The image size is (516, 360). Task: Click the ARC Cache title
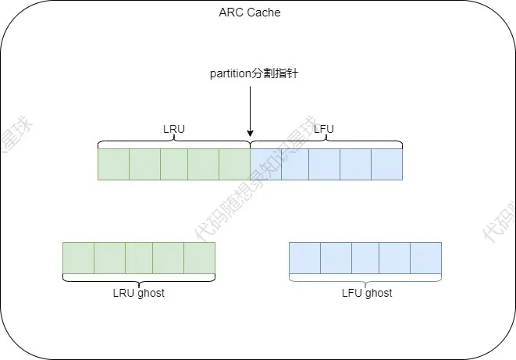tap(250, 12)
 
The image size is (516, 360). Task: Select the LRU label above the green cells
tap(173, 130)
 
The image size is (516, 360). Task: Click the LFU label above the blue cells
tap(325, 130)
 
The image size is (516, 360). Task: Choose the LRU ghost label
tap(139, 293)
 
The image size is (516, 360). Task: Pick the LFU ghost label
tap(366, 293)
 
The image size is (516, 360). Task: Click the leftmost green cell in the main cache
tap(113, 164)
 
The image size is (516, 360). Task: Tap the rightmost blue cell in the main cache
tap(386, 164)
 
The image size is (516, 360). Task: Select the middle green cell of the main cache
tap(174, 164)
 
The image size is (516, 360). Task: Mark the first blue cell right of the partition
tap(265, 164)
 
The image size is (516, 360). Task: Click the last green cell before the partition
tap(234, 164)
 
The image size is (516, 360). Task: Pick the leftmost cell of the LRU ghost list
tap(78, 258)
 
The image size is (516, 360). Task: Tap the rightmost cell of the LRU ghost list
tap(199, 258)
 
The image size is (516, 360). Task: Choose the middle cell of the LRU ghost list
tap(139, 258)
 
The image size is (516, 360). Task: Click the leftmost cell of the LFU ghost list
tap(304, 258)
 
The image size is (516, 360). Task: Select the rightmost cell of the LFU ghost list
tap(425, 258)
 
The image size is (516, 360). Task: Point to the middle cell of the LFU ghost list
tap(365, 258)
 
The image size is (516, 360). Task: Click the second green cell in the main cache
tap(144, 164)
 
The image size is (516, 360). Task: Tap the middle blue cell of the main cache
tap(326, 164)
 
